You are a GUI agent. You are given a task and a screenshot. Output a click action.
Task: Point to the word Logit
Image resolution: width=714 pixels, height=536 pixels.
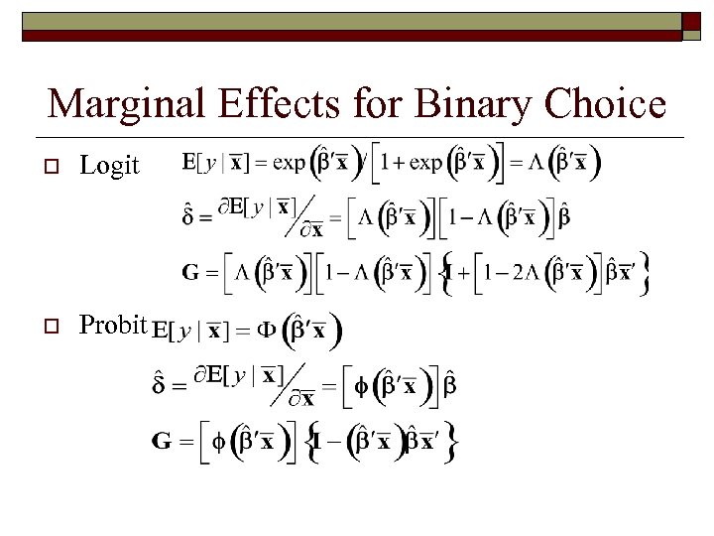[109, 165]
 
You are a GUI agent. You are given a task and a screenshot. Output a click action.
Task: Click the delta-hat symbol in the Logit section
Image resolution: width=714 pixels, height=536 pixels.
[188, 214]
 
